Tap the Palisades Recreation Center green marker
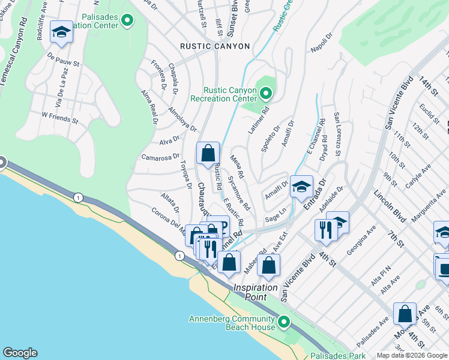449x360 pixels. [x=127, y=20]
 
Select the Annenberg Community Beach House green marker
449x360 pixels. [x=284, y=305]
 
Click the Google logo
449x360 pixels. [x=20, y=353]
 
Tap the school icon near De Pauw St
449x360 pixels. [x=61, y=32]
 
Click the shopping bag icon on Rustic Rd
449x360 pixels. [x=208, y=153]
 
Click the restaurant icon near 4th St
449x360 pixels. [x=324, y=230]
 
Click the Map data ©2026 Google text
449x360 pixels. [x=412, y=355]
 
